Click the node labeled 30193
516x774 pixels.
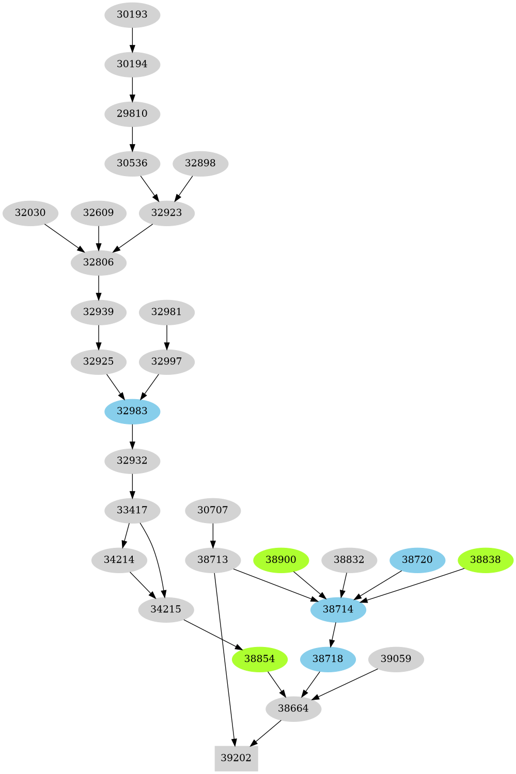click(132, 14)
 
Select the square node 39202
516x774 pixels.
click(236, 757)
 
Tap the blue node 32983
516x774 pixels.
click(132, 411)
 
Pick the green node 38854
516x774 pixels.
click(260, 659)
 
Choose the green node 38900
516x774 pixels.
click(281, 560)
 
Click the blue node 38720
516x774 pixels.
click(417, 560)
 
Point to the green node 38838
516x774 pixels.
click(486, 560)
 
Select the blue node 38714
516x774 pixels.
click(338, 609)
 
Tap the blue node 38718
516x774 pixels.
click(328, 659)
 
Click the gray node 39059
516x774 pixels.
click(396, 659)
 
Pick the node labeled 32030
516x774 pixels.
click(30, 213)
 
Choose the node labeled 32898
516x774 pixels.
click(200, 163)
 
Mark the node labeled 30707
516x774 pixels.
click(213, 510)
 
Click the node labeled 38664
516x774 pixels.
click(293, 708)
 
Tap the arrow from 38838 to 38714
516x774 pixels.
click(413, 585)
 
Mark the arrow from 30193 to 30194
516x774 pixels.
click(132, 39)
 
